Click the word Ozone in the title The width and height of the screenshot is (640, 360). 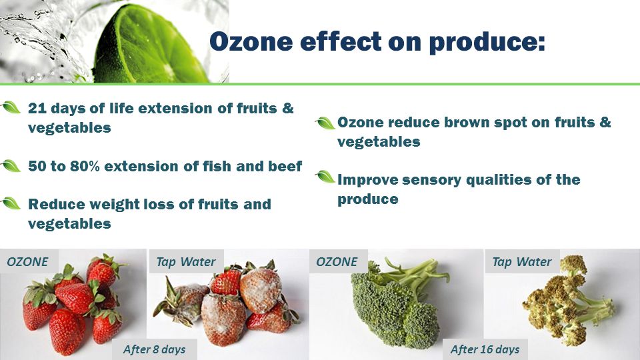251,41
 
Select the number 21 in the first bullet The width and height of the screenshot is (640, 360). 37,108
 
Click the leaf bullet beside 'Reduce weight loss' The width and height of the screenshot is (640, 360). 11,203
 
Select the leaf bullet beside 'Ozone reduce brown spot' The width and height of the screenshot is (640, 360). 325,123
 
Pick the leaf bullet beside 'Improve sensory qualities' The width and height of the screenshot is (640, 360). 325,177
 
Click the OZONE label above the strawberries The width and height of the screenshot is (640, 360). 28,261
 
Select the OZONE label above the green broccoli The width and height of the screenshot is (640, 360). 337,261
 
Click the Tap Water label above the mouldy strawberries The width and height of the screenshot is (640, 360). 186,261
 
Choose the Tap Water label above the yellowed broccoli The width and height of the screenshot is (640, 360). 522,261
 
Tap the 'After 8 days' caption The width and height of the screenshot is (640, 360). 154,349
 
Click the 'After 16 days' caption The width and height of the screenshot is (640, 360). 485,349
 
